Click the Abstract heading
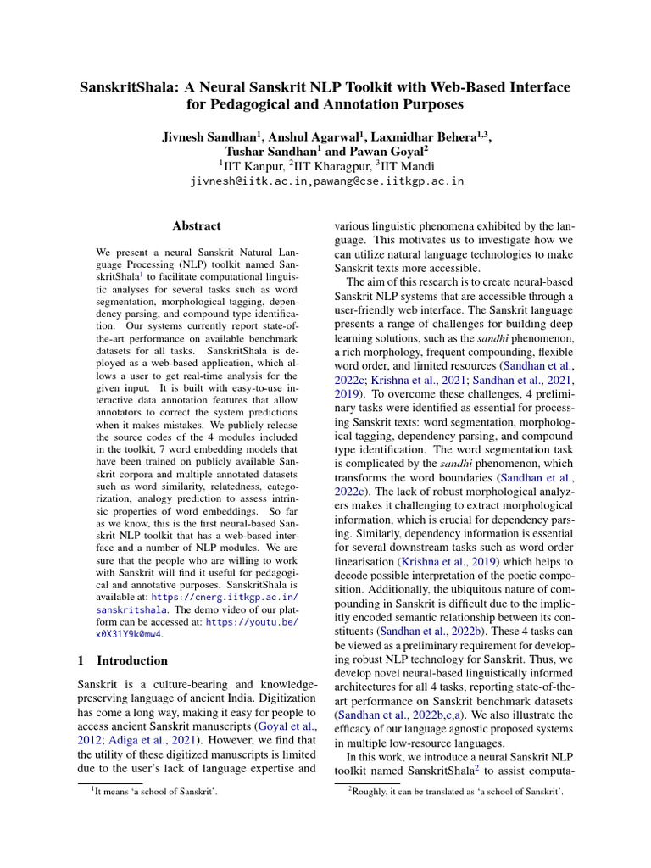coord(196,226)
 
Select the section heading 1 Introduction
coord(122,660)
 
